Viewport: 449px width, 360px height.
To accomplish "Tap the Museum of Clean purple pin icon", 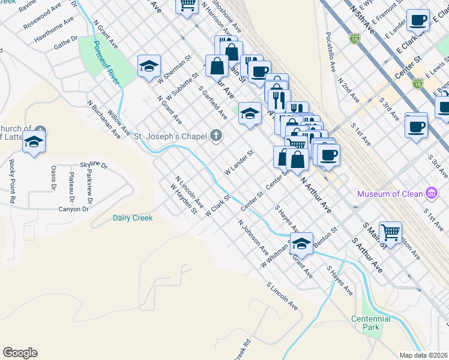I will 430,193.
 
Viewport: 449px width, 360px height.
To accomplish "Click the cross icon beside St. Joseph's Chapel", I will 217,136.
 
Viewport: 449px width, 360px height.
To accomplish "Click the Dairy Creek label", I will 133,218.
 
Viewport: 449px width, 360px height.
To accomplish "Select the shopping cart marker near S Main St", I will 390,232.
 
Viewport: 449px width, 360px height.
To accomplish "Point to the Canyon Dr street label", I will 73,209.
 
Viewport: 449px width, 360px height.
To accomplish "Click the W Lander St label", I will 240,162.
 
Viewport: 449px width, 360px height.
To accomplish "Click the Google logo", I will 20,353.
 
